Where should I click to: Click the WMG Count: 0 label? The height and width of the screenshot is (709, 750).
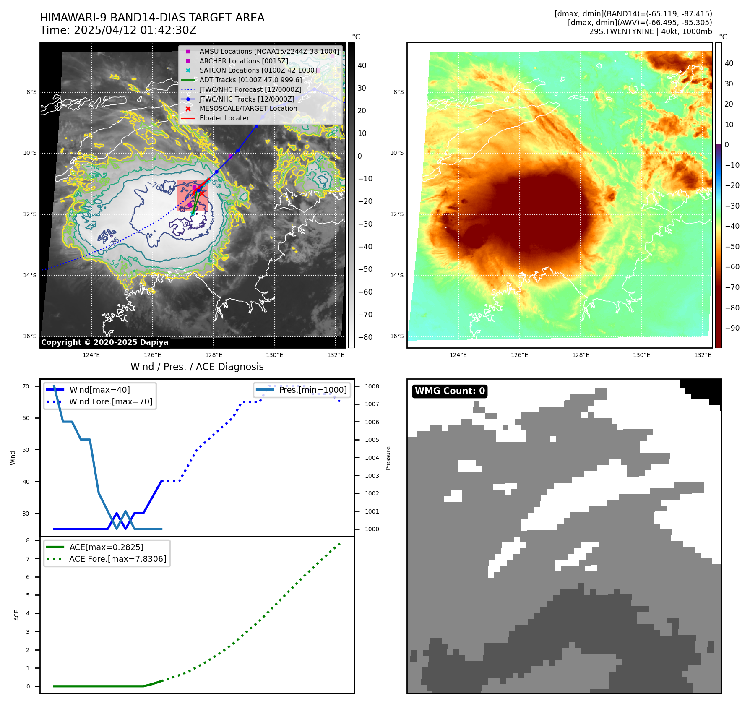click(450, 391)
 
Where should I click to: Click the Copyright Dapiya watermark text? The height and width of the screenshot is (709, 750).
click(104, 342)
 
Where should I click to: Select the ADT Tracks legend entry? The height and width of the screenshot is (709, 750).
click(250, 80)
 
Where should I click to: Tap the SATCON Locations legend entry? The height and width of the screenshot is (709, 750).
click(258, 70)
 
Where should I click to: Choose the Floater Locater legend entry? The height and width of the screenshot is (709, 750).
click(224, 118)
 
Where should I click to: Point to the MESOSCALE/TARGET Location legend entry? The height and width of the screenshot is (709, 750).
click(248, 108)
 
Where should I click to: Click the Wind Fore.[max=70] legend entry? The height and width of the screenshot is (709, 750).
click(111, 401)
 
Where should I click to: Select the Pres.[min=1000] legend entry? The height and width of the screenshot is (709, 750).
click(313, 390)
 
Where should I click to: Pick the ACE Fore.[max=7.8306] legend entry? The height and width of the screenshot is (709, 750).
click(117, 559)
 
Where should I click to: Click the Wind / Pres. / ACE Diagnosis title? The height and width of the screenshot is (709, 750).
click(197, 367)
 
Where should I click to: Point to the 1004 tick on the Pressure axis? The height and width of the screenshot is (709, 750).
click(372, 458)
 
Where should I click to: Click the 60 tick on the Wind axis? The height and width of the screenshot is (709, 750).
click(26, 418)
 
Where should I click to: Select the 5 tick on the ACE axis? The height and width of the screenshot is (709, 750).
click(28, 595)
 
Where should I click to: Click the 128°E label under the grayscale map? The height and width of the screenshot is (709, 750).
click(214, 355)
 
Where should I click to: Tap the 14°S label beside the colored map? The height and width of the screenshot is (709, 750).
click(397, 275)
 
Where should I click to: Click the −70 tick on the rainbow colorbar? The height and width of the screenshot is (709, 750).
click(732, 287)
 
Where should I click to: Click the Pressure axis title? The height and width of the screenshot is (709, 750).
click(388, 458)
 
